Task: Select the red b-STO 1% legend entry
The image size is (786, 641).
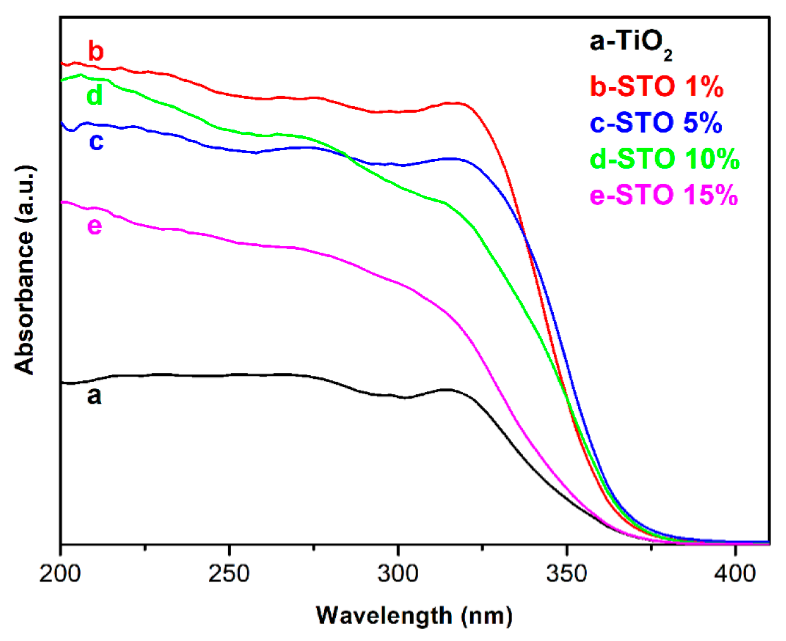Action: pyautogui.click(x=656, y=86)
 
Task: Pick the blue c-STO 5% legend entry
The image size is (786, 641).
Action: pyautogui.click(x=656, y=122)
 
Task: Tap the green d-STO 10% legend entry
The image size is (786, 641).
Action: pyautogui.click(x=664, y=159)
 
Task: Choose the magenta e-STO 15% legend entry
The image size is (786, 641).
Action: pyautogui.click(x=663, y=195)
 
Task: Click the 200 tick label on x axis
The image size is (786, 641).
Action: pyautogui.click(x=60, y=574)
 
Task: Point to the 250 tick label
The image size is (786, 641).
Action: pyautogui.click(x=229, y=574)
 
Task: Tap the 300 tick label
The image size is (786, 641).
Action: pyautogui.click(x=398, y=574)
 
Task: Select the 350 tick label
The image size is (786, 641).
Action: pyautogui.click(x=566, y=574)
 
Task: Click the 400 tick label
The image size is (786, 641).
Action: pyautogui.click(x=735, y=574)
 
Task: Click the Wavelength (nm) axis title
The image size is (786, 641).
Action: pyautogui.click(x=414, y=615)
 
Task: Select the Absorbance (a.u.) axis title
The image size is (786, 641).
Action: pyautogui.click(x=24, y=270)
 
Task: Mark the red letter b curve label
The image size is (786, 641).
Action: pyautogui.click(x=96, y=51)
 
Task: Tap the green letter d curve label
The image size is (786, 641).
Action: pyautogui.click(x=94, y=95)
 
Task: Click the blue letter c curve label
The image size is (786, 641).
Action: pyautogui.click(x=96, y=141)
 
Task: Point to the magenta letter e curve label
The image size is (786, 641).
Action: pyautogui.click(x=94, y=226)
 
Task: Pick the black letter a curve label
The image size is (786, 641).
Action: pyautogui.click(x=94, y=396)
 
